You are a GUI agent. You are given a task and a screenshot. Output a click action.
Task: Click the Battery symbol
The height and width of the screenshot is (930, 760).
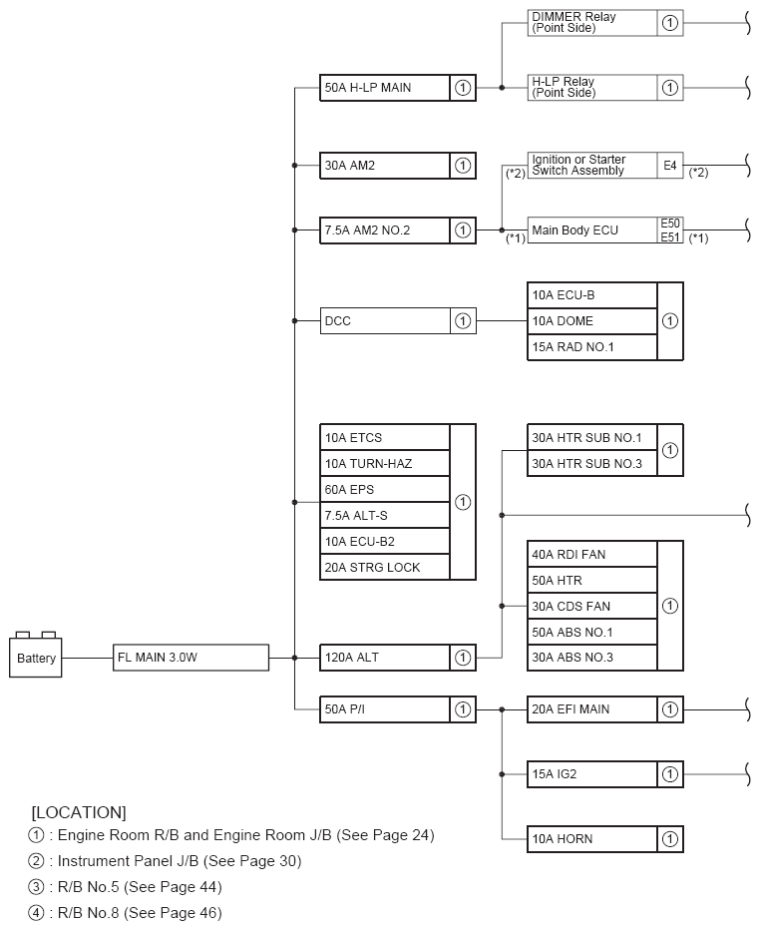(37, 657)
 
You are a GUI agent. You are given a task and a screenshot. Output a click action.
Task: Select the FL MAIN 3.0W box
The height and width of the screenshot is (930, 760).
(190, 658)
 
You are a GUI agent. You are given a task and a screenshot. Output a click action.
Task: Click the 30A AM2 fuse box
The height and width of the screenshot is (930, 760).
(385, 166)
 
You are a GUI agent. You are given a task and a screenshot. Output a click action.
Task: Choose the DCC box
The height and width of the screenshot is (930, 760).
(385, 321)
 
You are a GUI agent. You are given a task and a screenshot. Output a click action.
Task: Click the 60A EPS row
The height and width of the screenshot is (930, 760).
(385, 490)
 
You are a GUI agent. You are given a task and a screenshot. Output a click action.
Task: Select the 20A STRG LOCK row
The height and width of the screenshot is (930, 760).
(385, 568)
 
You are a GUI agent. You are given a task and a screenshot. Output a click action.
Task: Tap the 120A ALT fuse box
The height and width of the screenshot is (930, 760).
(385, 658)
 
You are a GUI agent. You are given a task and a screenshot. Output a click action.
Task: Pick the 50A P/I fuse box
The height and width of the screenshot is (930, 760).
(385, 709)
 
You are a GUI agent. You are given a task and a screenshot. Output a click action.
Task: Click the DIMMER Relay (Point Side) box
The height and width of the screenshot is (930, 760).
(591, 23)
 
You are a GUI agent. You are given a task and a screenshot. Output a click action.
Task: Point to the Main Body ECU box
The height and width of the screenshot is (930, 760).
(591, 231)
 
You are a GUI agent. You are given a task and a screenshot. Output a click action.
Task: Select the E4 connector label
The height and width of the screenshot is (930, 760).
(670, 166)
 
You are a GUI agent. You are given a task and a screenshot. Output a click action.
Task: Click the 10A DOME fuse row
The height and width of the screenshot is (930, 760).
(591, 321)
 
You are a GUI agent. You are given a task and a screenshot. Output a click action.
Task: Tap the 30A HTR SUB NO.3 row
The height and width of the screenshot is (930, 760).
(591, 464)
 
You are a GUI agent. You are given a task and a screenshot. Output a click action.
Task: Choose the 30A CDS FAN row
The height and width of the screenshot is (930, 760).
(591, 606)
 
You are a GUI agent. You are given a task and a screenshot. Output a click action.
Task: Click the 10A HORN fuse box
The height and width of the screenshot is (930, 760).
(591, 839)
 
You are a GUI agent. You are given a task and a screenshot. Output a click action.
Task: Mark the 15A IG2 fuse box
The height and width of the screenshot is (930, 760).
(591, 773)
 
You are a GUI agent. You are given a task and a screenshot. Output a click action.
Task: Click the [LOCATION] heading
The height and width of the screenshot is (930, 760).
(79, 811)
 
